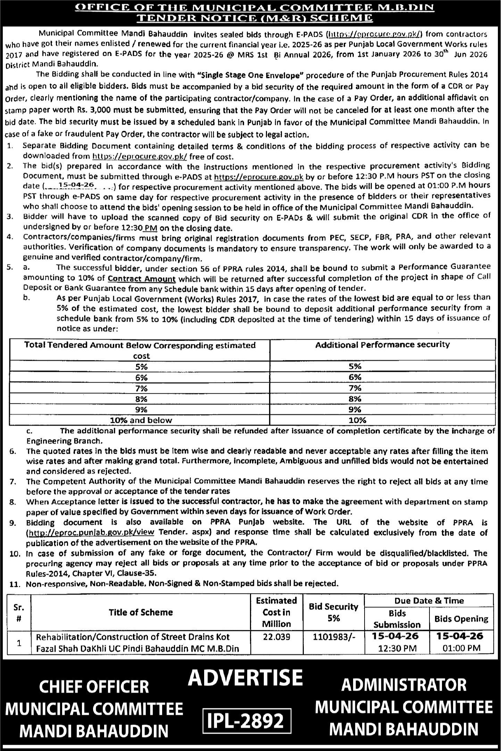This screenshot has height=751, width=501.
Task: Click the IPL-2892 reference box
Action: (247, 721)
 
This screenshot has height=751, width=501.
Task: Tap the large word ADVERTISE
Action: (245, 678)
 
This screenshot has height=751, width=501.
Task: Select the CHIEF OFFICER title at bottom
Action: (94, 686)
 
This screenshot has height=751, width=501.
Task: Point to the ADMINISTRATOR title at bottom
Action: (404, 685)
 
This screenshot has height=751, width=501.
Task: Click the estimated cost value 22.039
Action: (276, 637)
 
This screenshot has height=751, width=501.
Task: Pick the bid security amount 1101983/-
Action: (333, 637)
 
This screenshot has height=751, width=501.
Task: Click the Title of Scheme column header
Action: (141, 612)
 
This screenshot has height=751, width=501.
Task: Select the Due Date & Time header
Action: (429, 601)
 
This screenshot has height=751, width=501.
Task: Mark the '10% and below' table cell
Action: (141, 420)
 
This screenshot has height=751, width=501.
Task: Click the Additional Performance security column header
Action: (382, 344)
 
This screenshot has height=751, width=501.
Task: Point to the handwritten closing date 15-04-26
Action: (77, 186)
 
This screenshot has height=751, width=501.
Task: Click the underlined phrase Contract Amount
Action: (142, 279)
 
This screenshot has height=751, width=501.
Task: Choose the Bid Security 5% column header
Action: (333, 612)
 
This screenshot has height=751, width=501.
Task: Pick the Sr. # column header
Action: (19, 612)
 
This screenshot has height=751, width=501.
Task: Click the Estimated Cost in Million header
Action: (276, 612)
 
